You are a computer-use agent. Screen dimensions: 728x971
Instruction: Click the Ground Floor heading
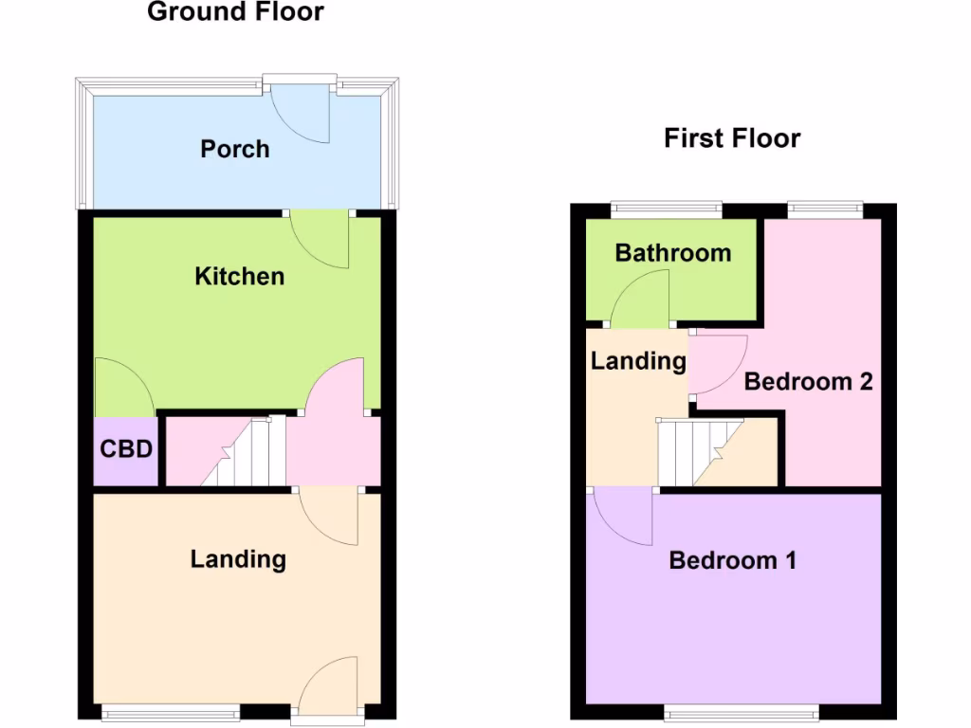[235, 12]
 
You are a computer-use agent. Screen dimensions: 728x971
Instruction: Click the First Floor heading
[731, 138]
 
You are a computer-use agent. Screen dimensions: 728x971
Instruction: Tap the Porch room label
[234, 149]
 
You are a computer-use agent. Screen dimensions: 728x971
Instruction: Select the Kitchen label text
[239, 276]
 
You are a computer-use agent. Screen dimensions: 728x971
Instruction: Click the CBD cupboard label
[126, 448]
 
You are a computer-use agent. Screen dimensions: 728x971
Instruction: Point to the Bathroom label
[672, 253]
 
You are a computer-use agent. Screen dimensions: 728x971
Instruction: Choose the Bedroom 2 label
[808, 382]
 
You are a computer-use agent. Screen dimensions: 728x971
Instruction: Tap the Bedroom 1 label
[731, 560]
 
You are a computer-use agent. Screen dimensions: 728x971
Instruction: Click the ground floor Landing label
[238, 558]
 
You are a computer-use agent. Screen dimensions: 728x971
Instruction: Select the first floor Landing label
[637, 360]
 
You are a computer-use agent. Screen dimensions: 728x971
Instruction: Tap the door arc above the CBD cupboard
[121, 389]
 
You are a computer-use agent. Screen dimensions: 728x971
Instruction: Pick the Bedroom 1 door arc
[622, 517]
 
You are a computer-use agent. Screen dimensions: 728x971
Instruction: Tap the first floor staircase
[700, 452]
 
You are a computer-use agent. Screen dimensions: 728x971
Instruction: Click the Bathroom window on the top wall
[666, 207]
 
